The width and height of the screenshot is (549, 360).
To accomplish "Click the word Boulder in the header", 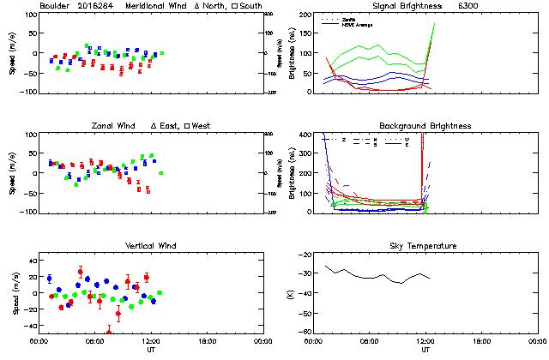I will click(x=55, y=7).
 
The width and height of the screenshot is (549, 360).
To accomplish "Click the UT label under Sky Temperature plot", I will click(x=425, y=349).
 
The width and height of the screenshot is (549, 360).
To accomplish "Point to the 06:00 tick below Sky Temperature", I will click(x=369, y=340).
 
